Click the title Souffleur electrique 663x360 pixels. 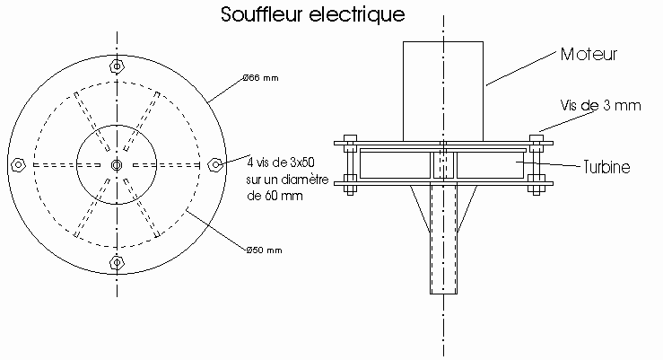pos(313,14)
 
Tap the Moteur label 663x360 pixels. pos(589,54)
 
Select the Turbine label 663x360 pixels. pos(606,167)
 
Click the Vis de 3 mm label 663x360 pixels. pos(600,105)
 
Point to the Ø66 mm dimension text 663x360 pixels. pos(260,78)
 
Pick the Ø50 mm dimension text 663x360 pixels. pos(264,250)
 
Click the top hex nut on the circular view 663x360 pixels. pos(117,66)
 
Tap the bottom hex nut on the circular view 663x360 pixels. pos(117,263)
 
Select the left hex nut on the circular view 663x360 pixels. pos(18,164)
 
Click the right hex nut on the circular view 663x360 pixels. pos(215,164)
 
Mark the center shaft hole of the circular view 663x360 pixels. pos(117,164)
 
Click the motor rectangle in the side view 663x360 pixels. pos(442,92)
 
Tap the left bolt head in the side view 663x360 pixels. pos(351,138)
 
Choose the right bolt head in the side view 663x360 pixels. pos(537,138)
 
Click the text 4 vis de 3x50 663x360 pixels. pos(281,162)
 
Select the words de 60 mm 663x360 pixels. pos(275,196)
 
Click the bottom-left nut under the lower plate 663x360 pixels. pos(350,190)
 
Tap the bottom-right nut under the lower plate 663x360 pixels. pos(537,190)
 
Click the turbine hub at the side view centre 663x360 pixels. pos(443,165)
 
